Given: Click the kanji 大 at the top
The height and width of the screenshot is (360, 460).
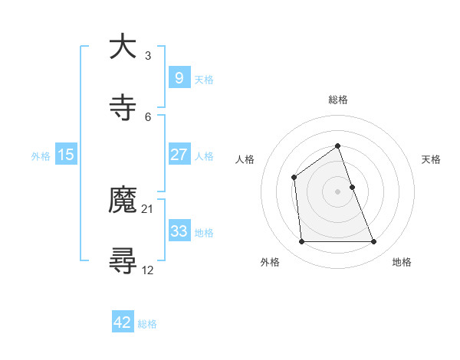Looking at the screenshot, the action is point(123,47).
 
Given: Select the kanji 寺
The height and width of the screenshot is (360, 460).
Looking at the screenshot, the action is point(123,108).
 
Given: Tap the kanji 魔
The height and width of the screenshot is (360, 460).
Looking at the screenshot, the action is point(123,201).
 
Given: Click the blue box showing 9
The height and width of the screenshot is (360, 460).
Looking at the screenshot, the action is point(179,78).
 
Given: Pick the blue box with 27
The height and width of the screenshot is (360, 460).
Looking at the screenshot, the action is point(179,155).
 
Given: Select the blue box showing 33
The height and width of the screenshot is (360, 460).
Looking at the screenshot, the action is point(179,231).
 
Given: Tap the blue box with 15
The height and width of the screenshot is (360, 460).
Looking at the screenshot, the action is point(66,155).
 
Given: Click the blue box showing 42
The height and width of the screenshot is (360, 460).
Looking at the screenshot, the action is point(123,322).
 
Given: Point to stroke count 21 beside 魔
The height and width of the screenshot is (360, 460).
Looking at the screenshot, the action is point(148,208).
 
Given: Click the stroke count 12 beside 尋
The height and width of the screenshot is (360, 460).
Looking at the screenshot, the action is point(148,270).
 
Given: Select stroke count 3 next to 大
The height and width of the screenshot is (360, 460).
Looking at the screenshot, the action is point(148,56).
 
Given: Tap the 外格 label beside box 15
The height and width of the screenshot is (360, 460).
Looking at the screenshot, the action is point(41,155).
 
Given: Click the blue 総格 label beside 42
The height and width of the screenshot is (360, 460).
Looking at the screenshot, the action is point(147,323).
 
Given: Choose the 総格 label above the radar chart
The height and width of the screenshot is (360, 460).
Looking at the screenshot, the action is point(337,100).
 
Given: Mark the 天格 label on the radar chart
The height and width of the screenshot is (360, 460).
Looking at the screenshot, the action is point(431,159).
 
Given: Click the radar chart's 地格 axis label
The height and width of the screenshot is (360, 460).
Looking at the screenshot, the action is point(402,262).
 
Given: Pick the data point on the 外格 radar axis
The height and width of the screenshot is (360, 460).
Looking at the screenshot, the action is point(301,242).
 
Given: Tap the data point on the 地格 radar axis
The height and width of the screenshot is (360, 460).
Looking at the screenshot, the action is point(373,242).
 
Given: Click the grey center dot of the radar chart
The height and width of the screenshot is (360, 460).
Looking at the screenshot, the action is point(337,191).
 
